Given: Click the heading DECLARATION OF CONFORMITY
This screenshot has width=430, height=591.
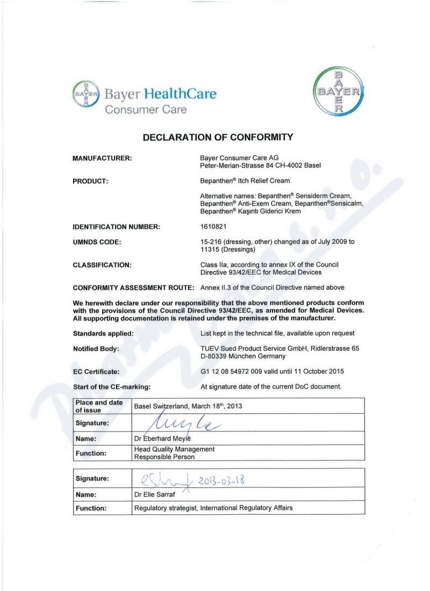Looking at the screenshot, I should [x=217, y=137].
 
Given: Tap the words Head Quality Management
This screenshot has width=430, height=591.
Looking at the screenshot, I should [x=175, y=449].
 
